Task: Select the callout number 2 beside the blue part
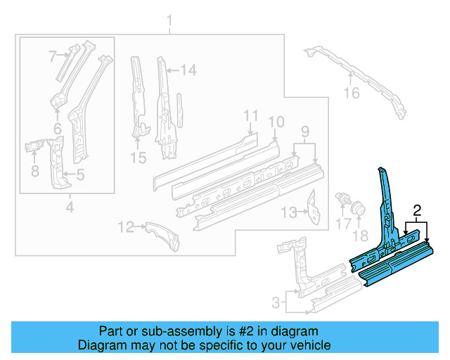point(417,210)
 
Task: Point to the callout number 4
point(69,207)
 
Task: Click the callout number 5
point(80,174)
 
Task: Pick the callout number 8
point(34,170)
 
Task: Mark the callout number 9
point(304,131)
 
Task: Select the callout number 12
point(125,226)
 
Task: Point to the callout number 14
point(188,70)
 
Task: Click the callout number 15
point(139,158)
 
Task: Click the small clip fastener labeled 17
point(345,198)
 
